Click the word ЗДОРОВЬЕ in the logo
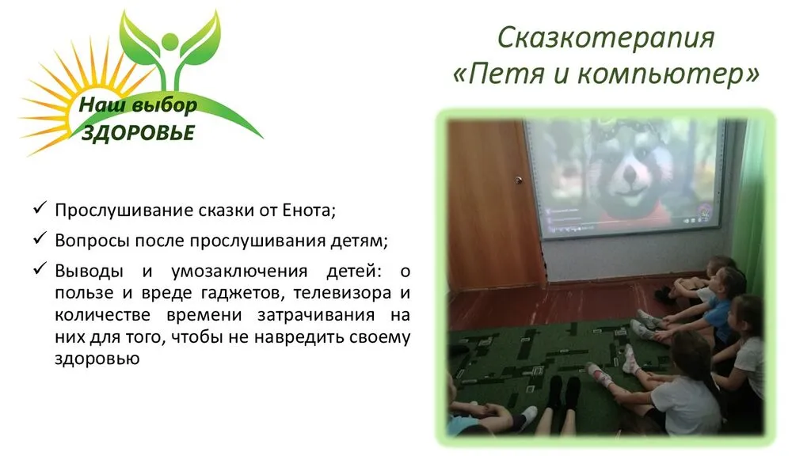coord(138,133)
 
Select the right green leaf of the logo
coord(200,35)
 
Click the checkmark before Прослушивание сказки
coord(40,210)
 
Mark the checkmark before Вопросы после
coord(40,239)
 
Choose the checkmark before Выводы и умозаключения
coord(40,269)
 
